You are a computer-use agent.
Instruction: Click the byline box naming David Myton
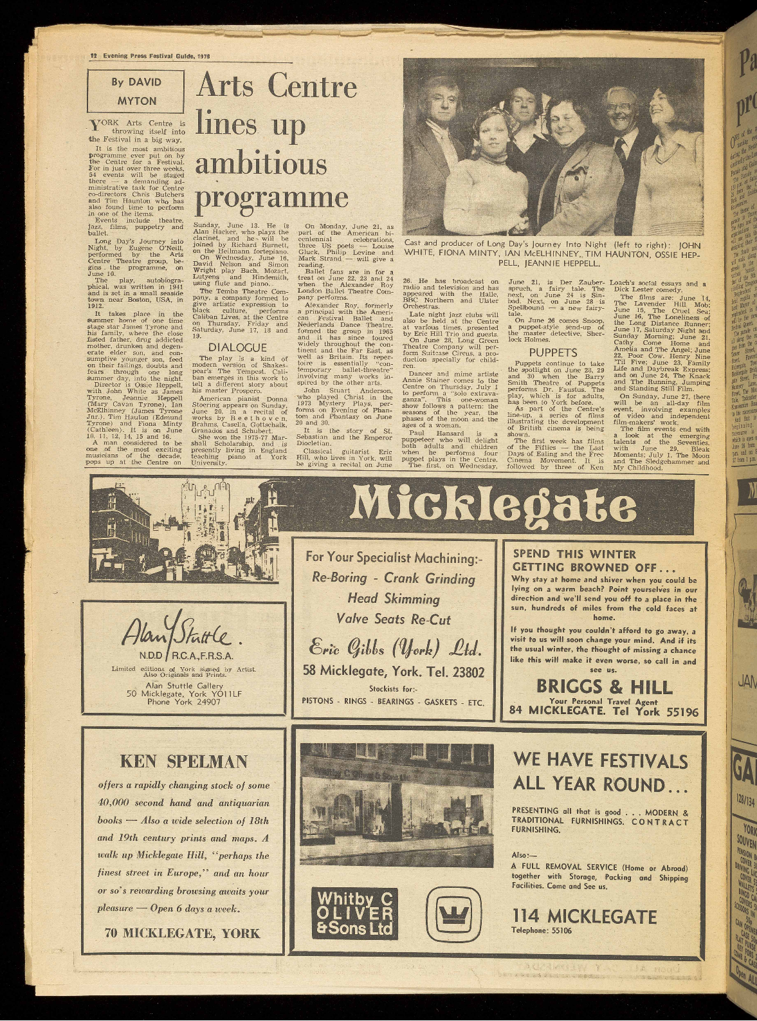[136, 91]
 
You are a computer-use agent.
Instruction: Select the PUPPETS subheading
[552, 353]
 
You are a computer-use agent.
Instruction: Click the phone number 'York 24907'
[184, 701]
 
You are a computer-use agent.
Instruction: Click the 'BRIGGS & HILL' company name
[605, 686]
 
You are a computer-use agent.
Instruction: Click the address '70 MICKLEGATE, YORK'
[183, 933]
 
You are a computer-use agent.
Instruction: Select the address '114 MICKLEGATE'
[584, 916]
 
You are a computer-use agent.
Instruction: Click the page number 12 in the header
[93, 55]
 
